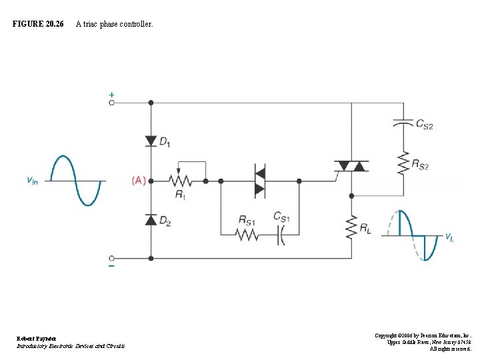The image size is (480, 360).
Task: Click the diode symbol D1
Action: pyautogui.click(x=151, y=141)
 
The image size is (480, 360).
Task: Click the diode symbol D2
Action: pyautogui.click(x=151, y=220)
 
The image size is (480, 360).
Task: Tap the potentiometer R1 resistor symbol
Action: pyautogui.click(x=180, y=181)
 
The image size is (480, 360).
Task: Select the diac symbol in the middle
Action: pyautogui.click(x=259, y=181)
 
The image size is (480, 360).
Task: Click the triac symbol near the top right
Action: pyautogui.click(x=351, y=165)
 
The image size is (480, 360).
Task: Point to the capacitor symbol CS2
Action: pyautogui.click(x=403, y=124)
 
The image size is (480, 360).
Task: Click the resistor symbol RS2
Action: pyautogui.click(x=403, y=163)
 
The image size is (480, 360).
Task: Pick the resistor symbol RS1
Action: pyautogui.click(x=247, y=235)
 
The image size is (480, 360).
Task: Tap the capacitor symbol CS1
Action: pyautogui.click(x=281, y=235)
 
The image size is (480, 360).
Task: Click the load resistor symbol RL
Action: pyautogui.click(x=351, y=228)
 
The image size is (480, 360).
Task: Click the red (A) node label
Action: pyautogui.click(x=138, y=181)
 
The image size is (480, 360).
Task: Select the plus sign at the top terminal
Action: pyautogui.click(x=111, y=95)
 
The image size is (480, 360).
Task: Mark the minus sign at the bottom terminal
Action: pyautogui.click(x=111, y=266)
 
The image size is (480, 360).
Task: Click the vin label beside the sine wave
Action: pyautogui.click(x=32, y=180)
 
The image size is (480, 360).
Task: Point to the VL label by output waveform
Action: pyautogui.click(x=450, y=236)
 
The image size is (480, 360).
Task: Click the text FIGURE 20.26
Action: pyautogui.click(x=38, y=24)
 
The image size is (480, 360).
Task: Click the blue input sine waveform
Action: pyautogui.click(x=77, y=181)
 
